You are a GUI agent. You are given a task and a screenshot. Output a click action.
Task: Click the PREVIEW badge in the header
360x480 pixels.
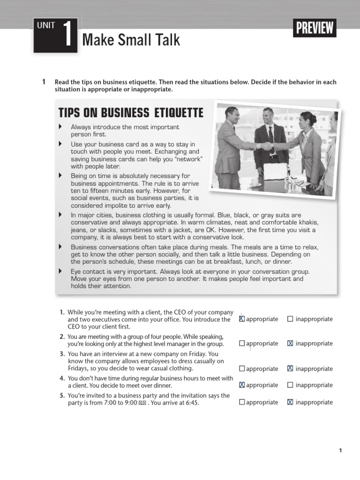point(315,28)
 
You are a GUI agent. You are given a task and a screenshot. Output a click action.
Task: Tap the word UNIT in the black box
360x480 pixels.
point(46,26)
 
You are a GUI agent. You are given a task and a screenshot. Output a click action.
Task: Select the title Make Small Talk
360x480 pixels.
point(131,40)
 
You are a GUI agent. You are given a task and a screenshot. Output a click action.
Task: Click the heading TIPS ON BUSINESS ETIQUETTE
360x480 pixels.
point(131,113)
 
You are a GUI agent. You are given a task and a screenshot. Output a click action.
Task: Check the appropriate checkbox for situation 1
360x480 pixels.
point(242,319)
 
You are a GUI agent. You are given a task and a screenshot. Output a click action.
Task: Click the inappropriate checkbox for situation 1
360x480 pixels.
point(290,319)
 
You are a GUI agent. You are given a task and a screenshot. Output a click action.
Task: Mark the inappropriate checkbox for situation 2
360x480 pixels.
point(290,343)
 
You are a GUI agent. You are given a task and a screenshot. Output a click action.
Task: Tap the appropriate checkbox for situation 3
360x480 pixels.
point(242,368)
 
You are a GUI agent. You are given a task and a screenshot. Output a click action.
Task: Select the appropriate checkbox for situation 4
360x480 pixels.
point(242,385)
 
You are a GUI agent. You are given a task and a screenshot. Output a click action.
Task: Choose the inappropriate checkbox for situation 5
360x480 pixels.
point(290,402)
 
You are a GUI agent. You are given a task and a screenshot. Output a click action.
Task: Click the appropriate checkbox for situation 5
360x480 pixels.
point(242,402)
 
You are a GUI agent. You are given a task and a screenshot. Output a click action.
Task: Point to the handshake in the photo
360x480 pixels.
point(267,146)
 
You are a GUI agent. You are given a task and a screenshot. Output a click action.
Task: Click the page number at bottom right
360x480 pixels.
point(340,450)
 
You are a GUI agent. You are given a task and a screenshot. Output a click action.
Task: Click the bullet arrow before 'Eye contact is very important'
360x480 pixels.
point(60,271)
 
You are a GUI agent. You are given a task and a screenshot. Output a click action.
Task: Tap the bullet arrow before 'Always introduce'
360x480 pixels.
point(60,127)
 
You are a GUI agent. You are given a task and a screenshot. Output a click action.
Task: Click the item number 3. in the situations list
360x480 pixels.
point(62,354)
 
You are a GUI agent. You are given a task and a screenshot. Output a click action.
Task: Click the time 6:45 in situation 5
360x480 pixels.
point(191,402)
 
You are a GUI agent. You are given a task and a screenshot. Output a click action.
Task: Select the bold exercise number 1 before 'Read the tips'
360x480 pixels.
point(44,82)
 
